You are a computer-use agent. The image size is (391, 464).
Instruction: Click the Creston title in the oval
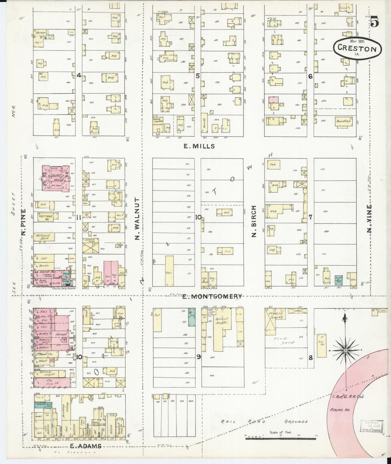[357, 49]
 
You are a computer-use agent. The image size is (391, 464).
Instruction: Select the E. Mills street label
[199, 146]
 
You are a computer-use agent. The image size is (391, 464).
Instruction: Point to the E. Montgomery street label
[212, 297]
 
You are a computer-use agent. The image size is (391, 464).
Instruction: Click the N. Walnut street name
[137, 218]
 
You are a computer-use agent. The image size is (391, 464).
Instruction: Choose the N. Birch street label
[254, 221]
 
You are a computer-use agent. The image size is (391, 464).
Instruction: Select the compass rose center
[346, 351]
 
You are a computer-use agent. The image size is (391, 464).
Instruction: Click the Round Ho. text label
[340, 410]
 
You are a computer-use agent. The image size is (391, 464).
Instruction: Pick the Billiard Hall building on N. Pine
[44, 237]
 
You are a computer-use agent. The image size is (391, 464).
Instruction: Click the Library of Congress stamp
[372, 426]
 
